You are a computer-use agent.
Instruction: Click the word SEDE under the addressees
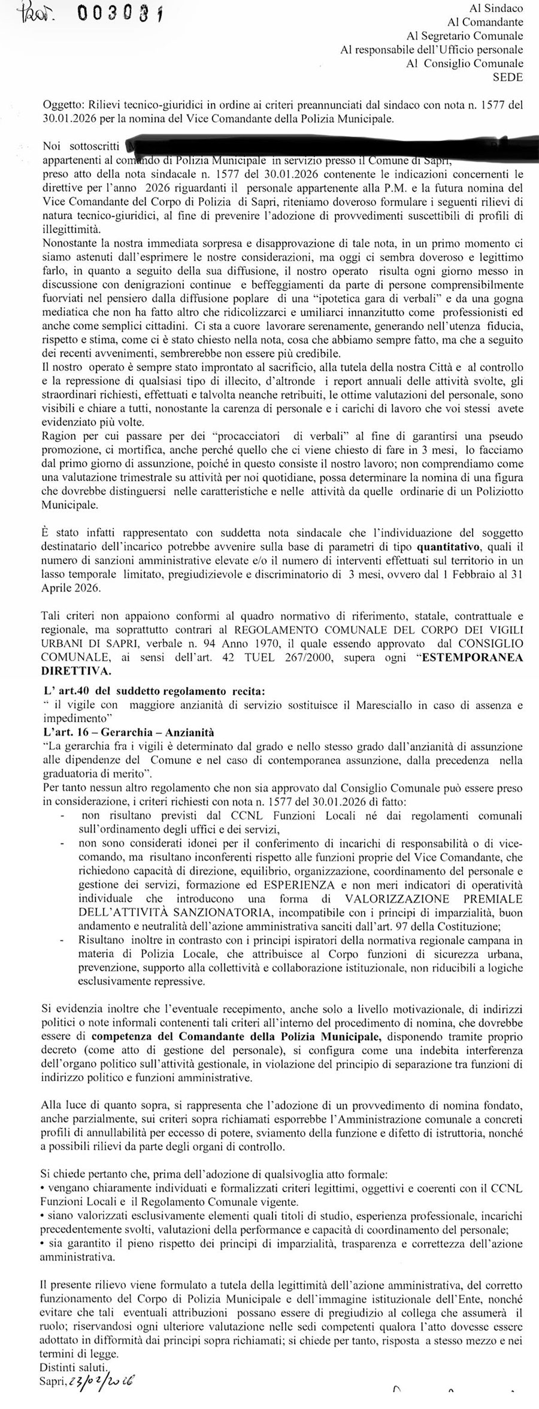coord(507,77)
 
